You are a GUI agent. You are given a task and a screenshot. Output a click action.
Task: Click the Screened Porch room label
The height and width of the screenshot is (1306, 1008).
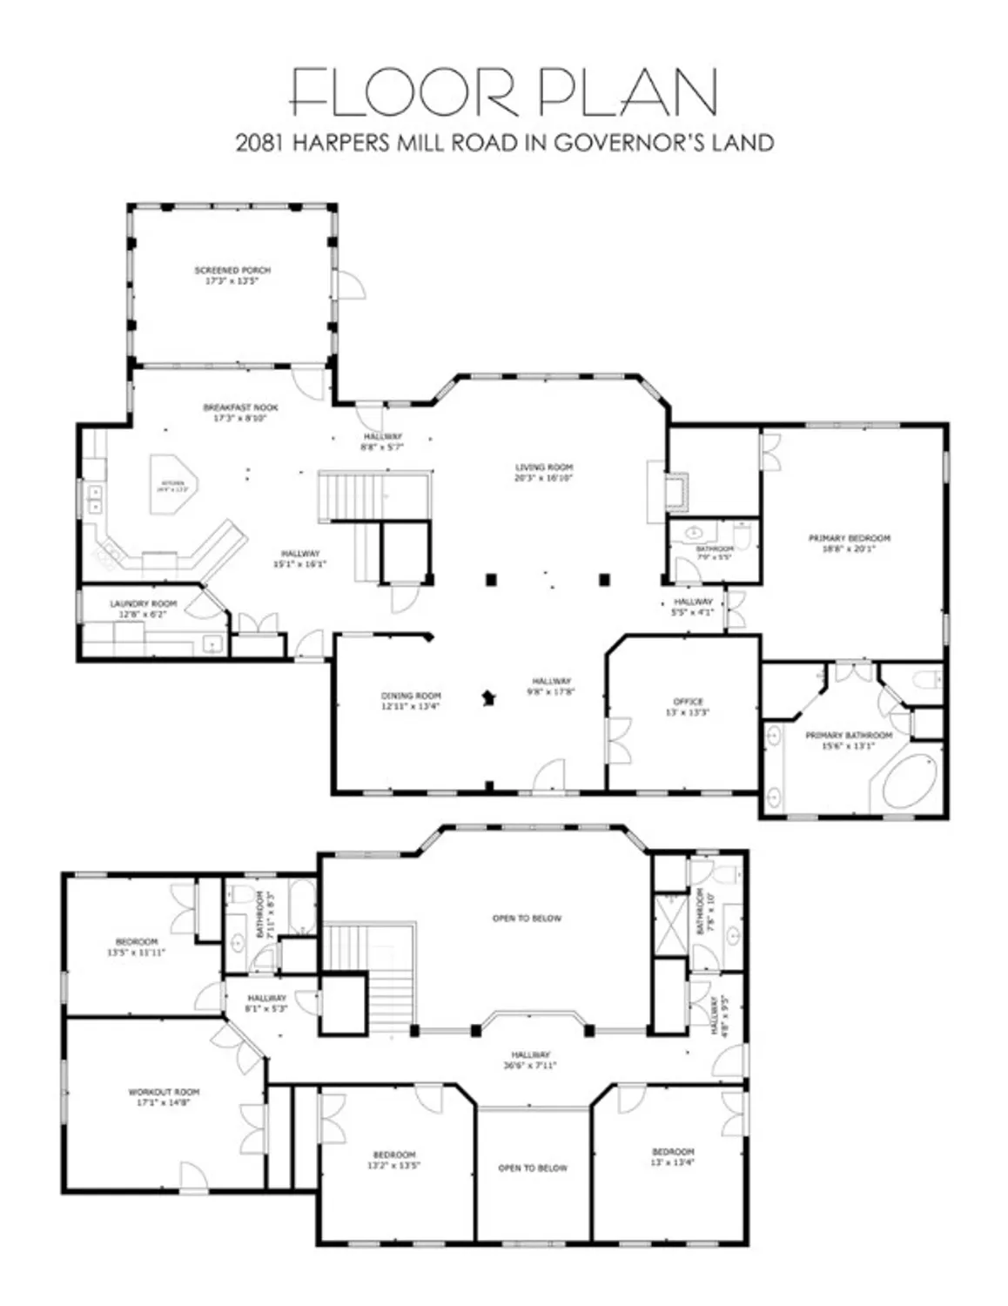coord(232,271)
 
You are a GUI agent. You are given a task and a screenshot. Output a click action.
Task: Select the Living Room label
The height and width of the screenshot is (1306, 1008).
coord(544,468)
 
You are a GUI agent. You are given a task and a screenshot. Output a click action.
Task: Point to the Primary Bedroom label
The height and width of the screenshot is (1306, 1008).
coord(849,539)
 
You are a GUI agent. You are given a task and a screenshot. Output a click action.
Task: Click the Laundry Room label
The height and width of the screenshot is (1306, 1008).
coord(143,603)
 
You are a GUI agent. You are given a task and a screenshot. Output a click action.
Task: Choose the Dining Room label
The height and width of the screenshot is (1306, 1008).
coord(411,696)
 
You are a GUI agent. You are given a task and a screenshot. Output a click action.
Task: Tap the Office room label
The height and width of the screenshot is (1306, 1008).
coord(688,702)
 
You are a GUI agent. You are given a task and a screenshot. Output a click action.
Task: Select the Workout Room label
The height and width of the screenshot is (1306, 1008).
coord(164,1092)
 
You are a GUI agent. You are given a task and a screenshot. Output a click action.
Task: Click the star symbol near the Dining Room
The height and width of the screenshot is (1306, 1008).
coord(489,697)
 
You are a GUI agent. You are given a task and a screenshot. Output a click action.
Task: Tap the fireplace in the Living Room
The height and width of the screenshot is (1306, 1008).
coord(676,492)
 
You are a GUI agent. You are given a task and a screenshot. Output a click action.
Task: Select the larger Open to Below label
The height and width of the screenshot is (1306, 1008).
coord(527,919)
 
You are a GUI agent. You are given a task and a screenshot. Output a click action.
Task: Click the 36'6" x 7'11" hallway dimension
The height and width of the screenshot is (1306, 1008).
coord(530,1065)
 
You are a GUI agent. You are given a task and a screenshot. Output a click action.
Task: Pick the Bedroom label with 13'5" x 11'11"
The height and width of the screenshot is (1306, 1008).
coord(137,942)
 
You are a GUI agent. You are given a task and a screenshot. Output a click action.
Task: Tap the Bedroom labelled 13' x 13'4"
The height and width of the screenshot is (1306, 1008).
coord(673,1152)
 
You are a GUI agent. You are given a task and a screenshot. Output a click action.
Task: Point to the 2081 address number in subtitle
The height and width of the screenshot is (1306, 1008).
coord(259,143)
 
